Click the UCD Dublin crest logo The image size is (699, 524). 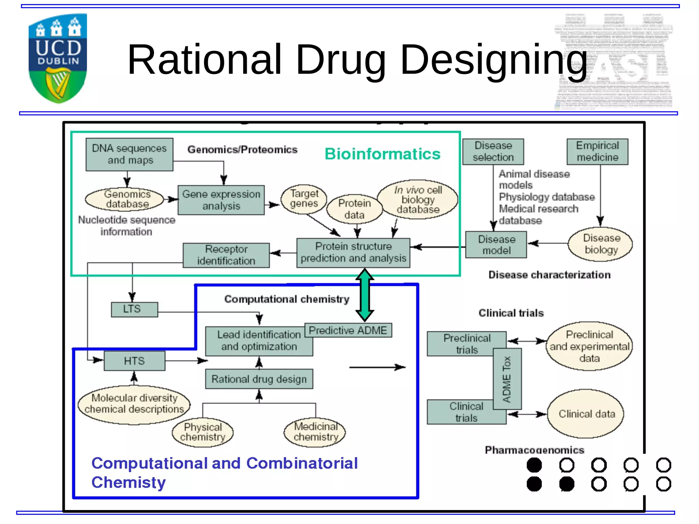coord(58,58)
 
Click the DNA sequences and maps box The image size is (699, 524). coord(129,154)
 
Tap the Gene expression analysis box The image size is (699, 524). coord(221,200)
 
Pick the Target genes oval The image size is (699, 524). coord(303,199)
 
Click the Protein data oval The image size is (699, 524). coord(354,209)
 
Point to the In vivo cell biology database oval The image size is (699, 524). coord(418,199)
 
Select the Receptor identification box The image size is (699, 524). coord(226,255)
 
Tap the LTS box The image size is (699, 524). coord(134,309)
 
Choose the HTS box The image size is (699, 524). coord(134,361)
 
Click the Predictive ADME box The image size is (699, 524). coord(348,330)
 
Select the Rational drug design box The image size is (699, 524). coord(259,379)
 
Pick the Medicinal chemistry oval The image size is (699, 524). coord(315,432)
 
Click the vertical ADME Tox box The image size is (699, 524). coord(507,379)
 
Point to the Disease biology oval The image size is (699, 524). coord(601,244)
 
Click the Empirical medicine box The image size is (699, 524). coord(597,151)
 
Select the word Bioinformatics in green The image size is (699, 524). coord(382,154)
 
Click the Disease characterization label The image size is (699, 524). coord(549,275)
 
